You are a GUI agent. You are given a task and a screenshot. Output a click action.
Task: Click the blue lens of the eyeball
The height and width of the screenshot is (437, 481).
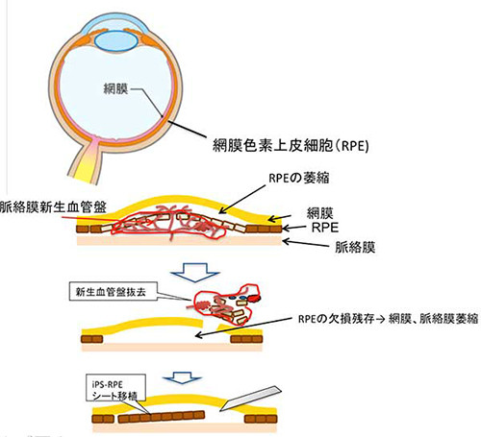(116, 41)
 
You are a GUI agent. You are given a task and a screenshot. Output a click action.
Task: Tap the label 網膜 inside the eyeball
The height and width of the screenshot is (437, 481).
(115, 88)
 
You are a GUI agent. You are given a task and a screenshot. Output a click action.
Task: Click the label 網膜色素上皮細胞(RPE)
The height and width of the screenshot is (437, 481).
(291, 145)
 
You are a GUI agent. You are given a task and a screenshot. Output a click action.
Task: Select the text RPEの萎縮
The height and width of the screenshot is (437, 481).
(299, 178)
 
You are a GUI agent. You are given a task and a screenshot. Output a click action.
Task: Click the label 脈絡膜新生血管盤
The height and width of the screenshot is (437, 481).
(53, 206)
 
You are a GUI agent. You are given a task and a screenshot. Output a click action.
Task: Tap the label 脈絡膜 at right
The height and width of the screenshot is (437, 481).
(355, 248)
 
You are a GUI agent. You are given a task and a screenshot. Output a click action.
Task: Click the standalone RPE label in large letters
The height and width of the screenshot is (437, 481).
(325, 228)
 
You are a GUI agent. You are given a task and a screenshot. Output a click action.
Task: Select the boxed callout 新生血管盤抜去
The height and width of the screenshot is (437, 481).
(114, 291)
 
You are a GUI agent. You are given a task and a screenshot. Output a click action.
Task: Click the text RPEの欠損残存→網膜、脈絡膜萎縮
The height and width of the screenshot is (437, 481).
(388, 319)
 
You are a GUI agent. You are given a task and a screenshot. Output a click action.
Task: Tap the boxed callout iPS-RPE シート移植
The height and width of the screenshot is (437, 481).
(115, 388)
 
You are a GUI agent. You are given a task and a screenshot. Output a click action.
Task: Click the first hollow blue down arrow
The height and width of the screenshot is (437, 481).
(195, 272)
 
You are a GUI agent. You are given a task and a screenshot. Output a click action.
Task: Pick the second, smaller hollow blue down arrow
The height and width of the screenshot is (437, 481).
(182, 377)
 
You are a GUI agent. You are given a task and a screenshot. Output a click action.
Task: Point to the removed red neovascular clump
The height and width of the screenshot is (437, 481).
(227, 304)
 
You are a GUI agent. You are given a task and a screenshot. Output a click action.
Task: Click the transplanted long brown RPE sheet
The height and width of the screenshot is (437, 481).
(162, 417)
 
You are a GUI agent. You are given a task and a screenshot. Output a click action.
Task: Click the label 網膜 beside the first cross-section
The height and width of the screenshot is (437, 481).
(319, 213)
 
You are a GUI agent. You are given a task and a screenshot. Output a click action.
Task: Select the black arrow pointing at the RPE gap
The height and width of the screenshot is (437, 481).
(243, 327)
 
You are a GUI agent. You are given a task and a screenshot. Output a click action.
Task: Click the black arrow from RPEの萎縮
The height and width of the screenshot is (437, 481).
(242, 200)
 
